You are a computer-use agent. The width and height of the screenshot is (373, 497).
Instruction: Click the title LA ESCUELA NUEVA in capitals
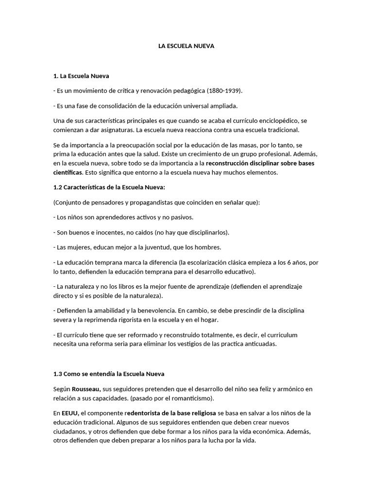tap(186, 46)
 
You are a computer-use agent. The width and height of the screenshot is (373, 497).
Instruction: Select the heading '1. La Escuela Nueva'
tap(81, 76)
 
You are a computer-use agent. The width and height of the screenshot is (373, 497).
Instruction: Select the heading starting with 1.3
tap(109, 374)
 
